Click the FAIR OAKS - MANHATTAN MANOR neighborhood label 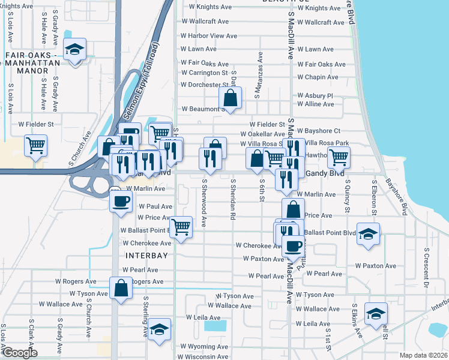tap(34, 63)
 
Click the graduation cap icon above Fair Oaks tap(76, 50)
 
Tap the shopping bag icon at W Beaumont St tap(229, 97)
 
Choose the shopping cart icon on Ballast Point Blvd tap(181, 227)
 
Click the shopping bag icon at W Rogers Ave tap(121, 288)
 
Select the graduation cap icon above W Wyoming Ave tap(159, 329)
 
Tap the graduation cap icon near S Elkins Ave tap(376, 313)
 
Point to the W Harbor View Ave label tap(209, 36)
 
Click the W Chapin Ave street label tap(318, 77)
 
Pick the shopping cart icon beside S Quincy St tap(339, 157)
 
